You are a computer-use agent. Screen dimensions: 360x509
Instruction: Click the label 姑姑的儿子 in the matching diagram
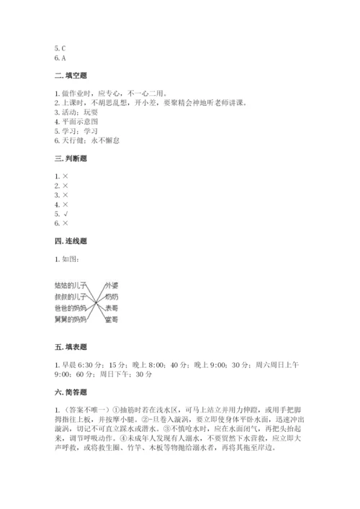[71, 286]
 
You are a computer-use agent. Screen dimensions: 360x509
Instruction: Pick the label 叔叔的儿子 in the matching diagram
[71, 297]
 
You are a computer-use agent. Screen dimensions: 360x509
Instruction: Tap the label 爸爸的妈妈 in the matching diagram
[71, 308]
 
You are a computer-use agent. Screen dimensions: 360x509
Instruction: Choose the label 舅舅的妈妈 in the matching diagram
[71, 319]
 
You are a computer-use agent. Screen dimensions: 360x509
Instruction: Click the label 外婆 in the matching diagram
[111, 286]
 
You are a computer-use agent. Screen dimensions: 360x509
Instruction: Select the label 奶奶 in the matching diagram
[111, 297]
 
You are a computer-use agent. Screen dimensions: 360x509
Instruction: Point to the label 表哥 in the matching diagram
[111, 308]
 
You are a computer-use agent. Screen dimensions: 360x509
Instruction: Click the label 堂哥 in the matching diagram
[111, 319]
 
